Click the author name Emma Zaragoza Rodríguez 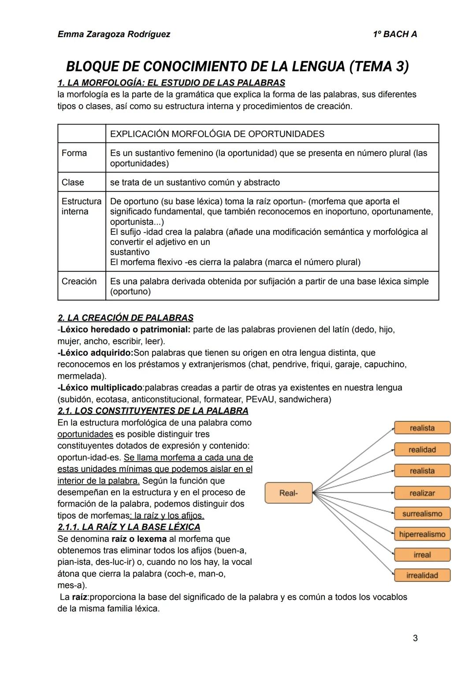(114, 34)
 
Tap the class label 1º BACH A (394, 34)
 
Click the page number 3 (415, 638)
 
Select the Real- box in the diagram (289, 493)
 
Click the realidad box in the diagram (422, 450)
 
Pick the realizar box (422, 493)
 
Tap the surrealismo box (422, 514)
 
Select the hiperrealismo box (422, 534)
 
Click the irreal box (422, 555)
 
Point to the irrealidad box (422, 575)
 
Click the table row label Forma (74, 153)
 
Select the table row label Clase (73, 182)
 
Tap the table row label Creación (79, 281)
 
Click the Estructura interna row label (81, 206)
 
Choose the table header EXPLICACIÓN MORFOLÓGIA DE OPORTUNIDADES (217, 134)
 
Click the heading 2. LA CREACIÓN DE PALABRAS (125, 318)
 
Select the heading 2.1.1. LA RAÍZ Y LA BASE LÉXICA (129, 527)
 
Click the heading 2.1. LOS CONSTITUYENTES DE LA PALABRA (153, 411)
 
